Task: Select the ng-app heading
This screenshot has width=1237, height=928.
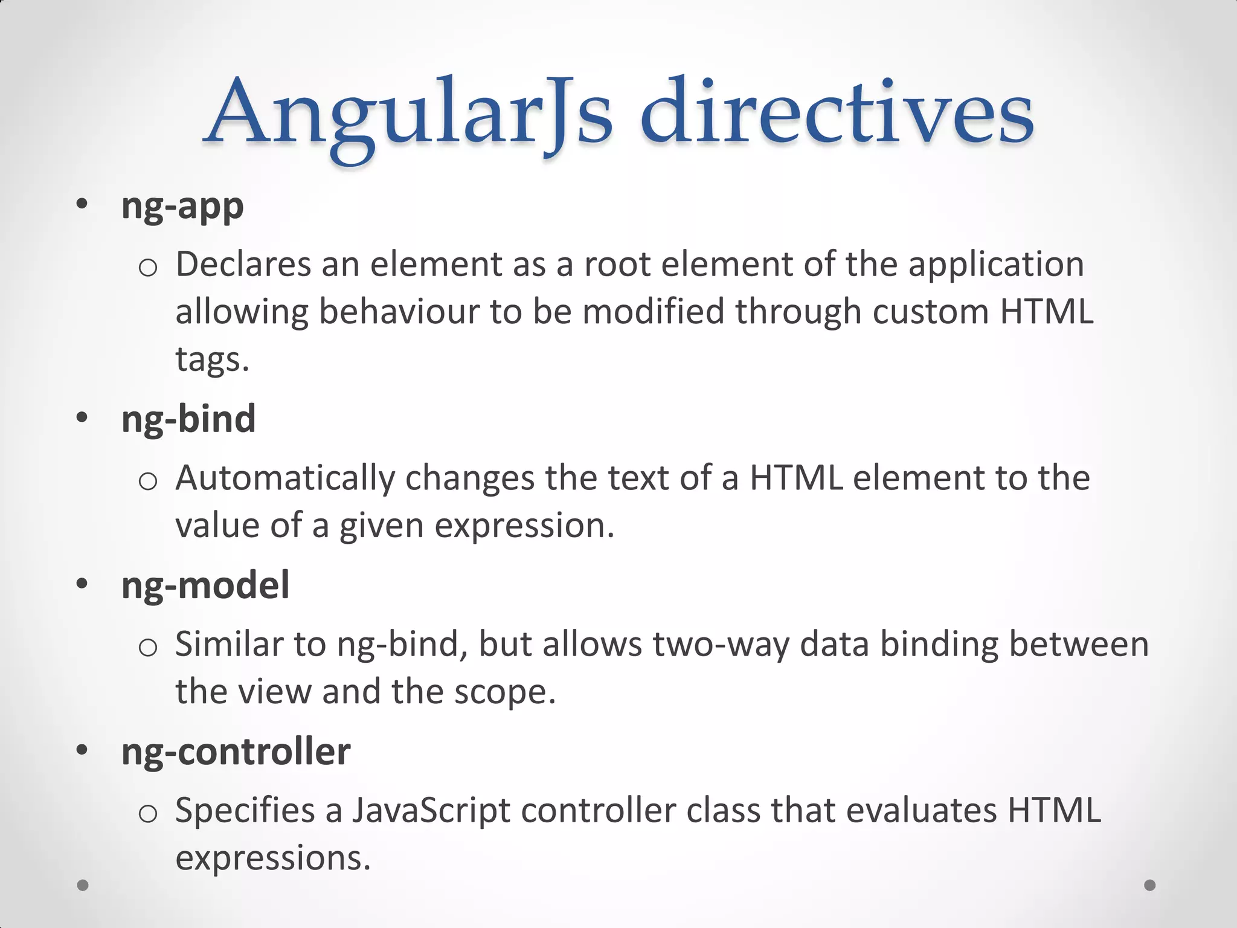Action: pos(182,207)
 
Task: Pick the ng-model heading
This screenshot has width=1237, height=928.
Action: pos(205,585)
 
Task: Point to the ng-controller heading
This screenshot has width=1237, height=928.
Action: pos(236,752)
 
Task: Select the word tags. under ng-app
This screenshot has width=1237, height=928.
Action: pos(212,359)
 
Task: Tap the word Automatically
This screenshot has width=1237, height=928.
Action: pos(284,478)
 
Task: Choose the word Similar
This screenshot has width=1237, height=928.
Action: pos(228,644)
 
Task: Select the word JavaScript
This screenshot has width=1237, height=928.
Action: pos(431,811)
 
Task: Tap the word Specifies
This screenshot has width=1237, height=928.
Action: pos(245,811)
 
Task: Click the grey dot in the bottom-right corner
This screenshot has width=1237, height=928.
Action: pos(1150,885)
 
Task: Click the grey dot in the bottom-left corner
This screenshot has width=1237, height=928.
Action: pos(83,885)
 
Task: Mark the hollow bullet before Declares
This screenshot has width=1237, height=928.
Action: pos(148,268)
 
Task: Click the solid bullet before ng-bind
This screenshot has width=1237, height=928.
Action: pos(82,418)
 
